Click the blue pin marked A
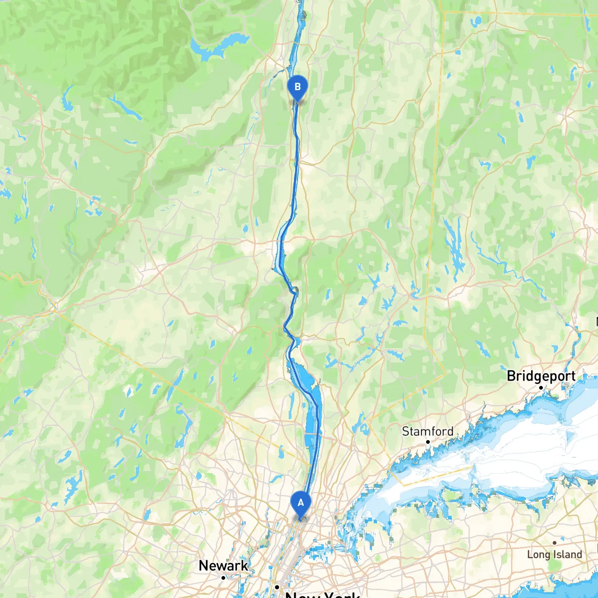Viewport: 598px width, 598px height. click(x=300, y=504)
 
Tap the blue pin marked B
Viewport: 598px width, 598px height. click(x=297, y=87)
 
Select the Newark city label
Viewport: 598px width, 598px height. click(x=223, y=565)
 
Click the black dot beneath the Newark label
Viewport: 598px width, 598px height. click(x=223, y=578)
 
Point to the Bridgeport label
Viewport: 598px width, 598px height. click(x=541, y=376)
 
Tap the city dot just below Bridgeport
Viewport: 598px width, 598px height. click(x=541, y=388)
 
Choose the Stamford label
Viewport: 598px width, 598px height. click(x=427, y=431)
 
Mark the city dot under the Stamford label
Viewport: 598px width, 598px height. click(x=427, y=442)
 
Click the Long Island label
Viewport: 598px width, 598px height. click(x=555, y=555)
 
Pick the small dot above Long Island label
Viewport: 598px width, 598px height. click(x=555, y=543)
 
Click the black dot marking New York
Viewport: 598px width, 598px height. click(x=277, y=587)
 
